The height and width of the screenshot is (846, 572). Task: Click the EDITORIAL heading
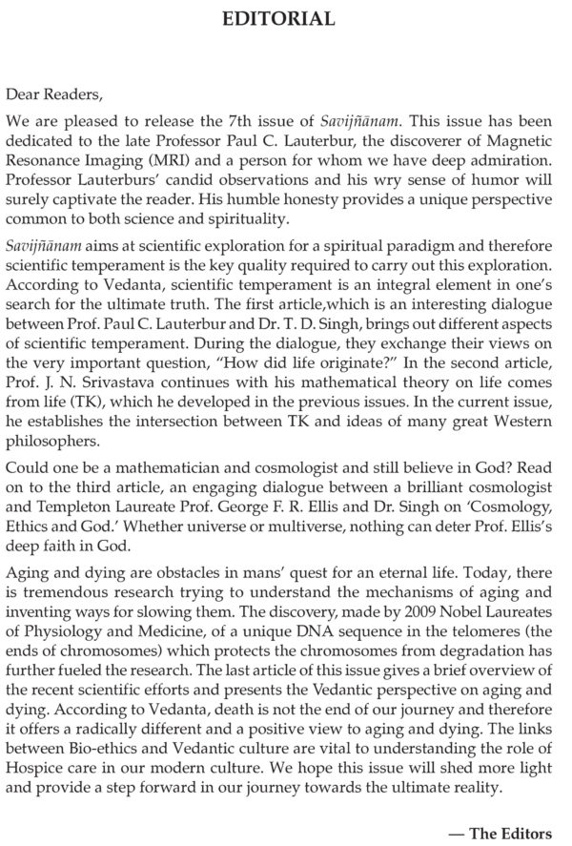pyautogui.click(x=286, y=18)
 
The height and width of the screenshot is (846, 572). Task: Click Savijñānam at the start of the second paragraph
pyautogui.click(x=39, y=246)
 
